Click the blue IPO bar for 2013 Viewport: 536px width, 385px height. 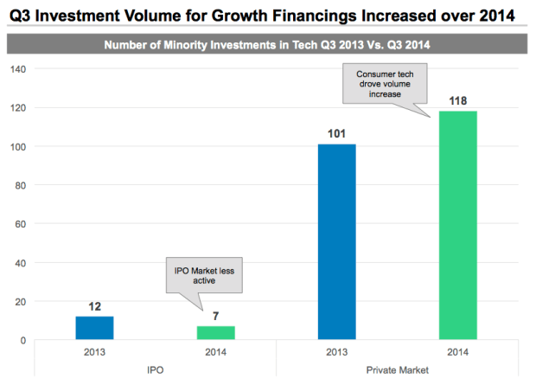(94, 328)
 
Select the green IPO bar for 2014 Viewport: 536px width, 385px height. (215, 333)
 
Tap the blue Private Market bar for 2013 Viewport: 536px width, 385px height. (336, 241)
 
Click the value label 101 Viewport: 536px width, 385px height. (336, 134)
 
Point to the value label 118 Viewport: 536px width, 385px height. (458, 101)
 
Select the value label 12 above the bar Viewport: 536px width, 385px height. (94, 306)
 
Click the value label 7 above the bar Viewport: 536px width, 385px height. (215, 317)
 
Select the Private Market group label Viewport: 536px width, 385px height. (397, 369)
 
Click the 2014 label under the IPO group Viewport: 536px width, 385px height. (215, 353)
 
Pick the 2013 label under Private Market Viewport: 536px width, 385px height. (336, 353)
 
